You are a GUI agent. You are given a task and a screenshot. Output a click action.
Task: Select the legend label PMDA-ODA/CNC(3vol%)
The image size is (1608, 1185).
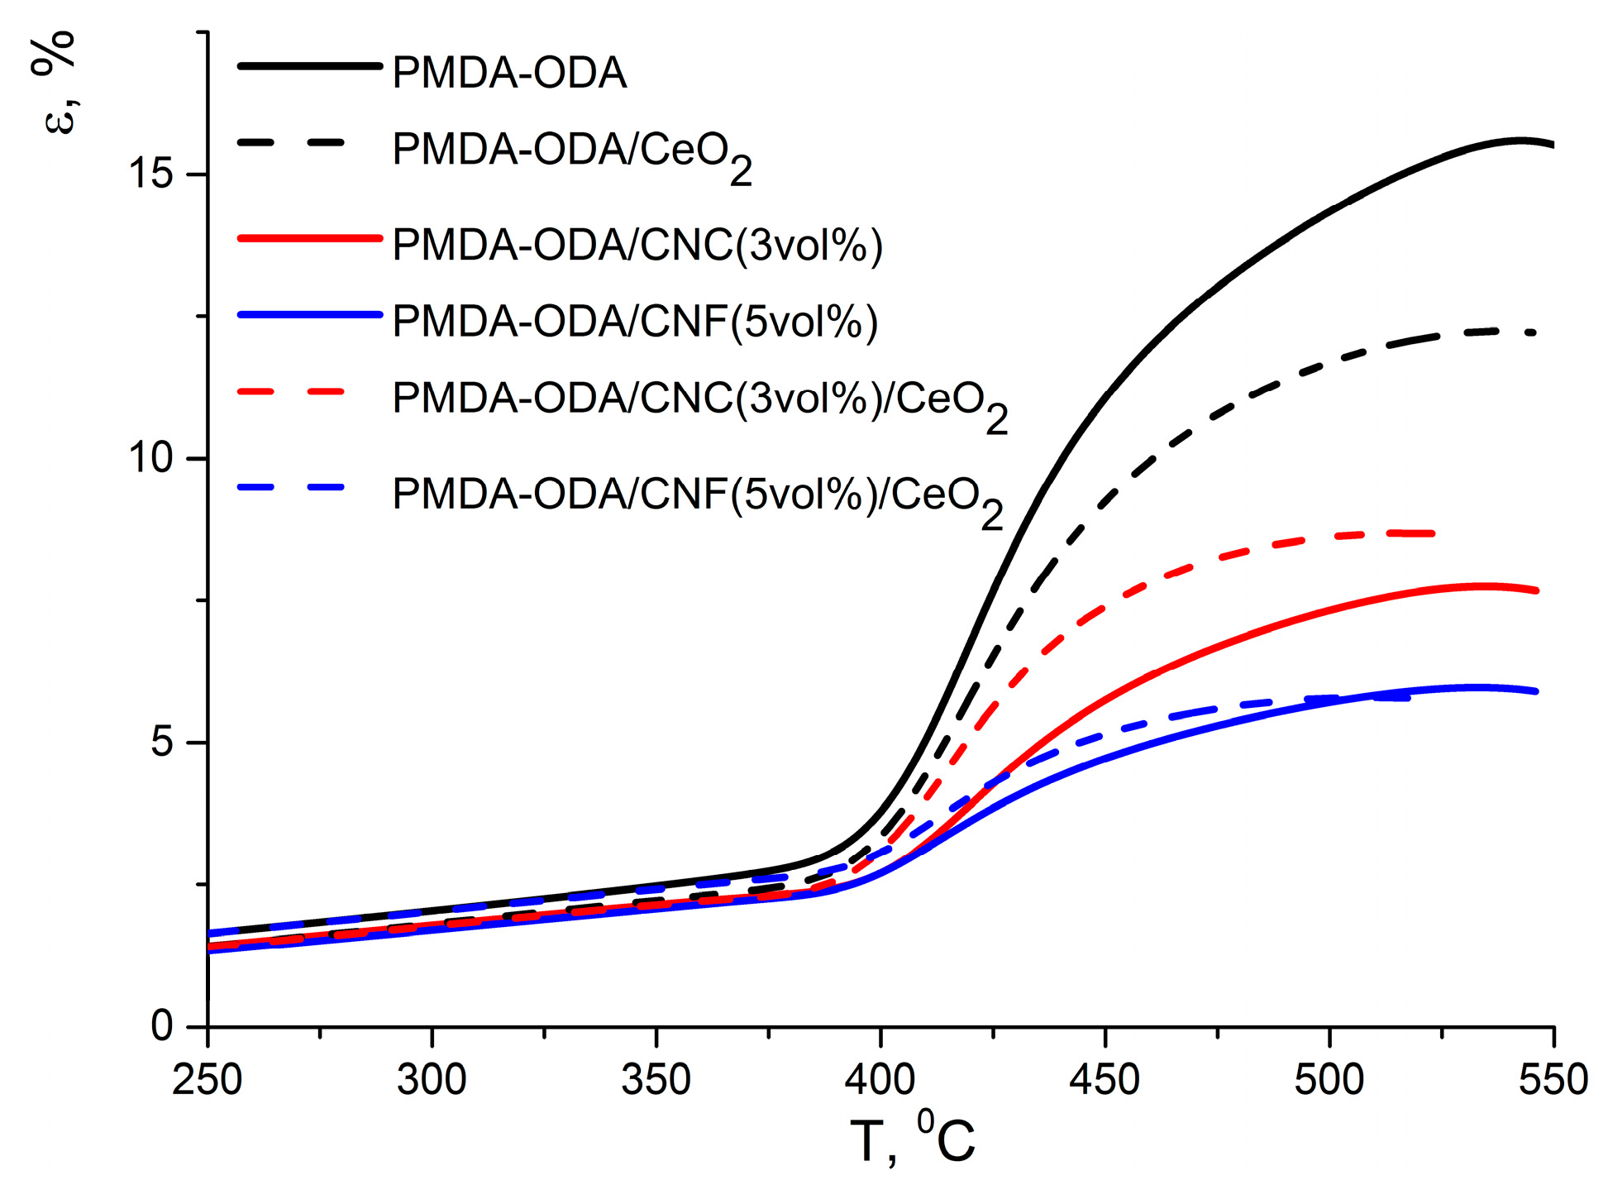coord(637,245)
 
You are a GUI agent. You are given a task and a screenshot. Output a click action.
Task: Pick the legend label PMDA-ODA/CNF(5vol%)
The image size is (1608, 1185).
coord(634,321)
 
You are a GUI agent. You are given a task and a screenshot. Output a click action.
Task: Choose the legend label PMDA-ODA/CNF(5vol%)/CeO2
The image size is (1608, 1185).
coord(696,498)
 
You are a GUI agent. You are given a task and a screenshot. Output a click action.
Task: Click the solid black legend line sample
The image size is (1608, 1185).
coord(309,65)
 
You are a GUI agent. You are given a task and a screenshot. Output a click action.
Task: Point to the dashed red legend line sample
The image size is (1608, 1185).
coord(291,390)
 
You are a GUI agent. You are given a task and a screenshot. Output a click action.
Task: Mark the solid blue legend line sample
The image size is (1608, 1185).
coord(309,314)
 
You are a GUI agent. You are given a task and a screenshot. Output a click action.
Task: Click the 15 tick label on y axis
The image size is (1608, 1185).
coord(150,174)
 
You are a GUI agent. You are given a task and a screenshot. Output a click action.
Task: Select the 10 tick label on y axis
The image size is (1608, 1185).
coord(150,458)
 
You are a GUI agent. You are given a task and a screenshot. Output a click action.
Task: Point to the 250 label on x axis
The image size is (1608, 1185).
coord(207,1081)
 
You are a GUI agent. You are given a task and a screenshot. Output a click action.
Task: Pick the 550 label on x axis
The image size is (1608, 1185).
coord(1553,1081)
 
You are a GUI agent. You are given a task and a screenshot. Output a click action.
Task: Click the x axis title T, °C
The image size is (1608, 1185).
coord(912,1140)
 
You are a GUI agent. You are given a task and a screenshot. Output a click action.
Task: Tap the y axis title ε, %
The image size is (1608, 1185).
coord(56,83)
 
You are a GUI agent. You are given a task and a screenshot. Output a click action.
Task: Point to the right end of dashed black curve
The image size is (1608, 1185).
coord(1534,332)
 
